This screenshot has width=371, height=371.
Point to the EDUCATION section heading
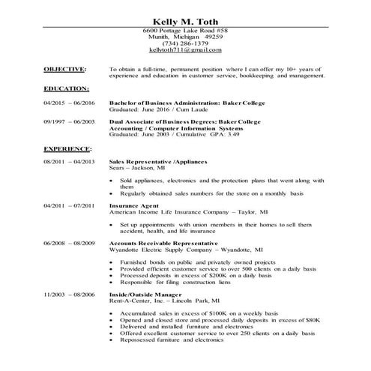(66, 88)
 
